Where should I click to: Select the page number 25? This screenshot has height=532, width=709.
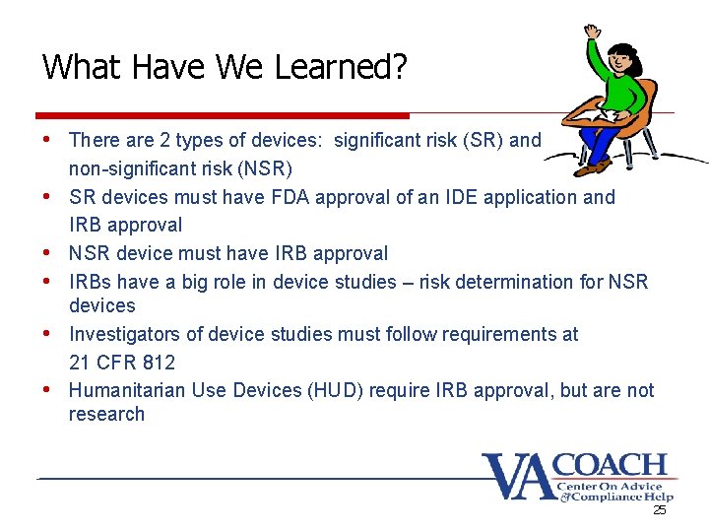click(x=659, y=510)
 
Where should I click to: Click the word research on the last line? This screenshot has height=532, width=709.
click(x=106, y=415)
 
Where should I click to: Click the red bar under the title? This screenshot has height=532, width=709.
click(x=222, y=115)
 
